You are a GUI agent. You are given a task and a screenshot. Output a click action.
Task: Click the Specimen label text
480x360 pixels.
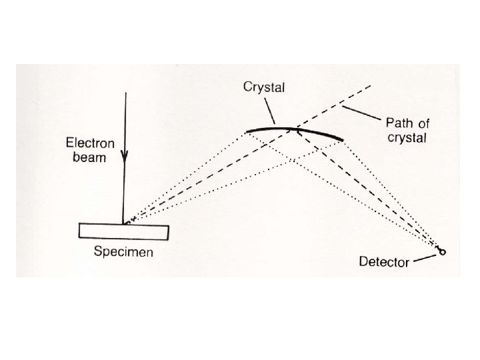(123, 252)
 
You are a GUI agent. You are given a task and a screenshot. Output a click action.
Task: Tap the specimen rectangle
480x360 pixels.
(123, 231)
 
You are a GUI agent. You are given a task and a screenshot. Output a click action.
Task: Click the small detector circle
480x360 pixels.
(441, 253)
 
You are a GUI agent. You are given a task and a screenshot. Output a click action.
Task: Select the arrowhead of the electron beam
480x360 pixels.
(123, 157)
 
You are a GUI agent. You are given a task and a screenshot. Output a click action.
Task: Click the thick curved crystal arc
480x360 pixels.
(293, 128)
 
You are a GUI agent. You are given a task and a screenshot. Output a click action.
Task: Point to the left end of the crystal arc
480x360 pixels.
(247, 131)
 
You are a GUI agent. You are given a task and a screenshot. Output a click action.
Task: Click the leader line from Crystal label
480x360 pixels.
(269, 110)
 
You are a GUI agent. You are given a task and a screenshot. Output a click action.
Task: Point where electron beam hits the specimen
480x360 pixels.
(123, 223)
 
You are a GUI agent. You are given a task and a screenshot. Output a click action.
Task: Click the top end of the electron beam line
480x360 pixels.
(123, 94)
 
